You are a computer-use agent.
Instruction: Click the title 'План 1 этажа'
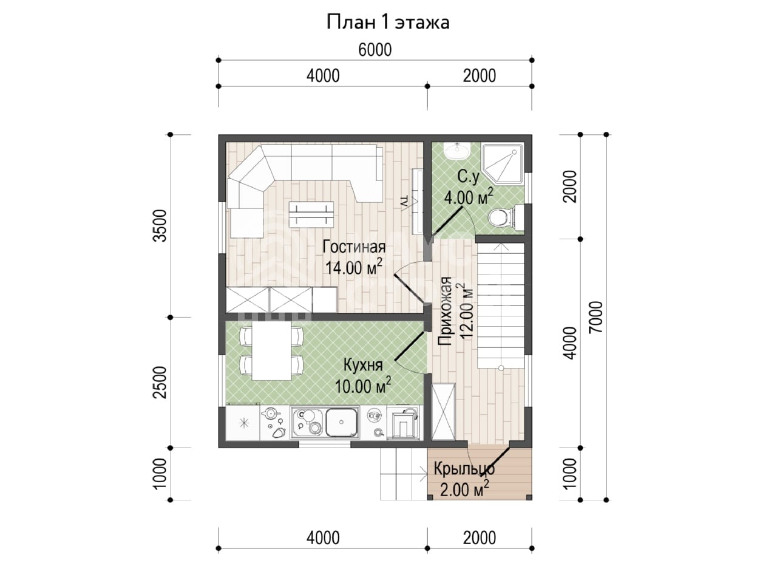click(x=388, y=22)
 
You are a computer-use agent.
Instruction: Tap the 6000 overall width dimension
click(x=375, y=50)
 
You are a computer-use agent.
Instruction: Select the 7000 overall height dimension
click(x=596, y=317)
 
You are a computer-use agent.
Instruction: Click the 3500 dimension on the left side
click(x=161, y=225)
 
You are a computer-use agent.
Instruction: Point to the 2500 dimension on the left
click(x=161, y=383)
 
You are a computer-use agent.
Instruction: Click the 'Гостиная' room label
click(x=354, y=247)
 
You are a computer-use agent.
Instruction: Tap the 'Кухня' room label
click(x=363, y=365)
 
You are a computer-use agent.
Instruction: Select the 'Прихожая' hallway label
click(x=445, y=311)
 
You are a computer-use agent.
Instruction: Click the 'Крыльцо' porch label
click(x=464, y=469)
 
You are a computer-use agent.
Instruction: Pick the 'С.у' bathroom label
click(x=468, y=176)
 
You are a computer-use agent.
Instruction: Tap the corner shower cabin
click(x=503, y=163)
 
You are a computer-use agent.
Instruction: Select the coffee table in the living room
click(x=311, y=214)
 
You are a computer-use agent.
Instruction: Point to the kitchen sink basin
click(x=341, y=422)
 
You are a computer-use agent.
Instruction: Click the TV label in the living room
click(x=405, y=203)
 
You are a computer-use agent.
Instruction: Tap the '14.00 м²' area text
click(x=354, y=267)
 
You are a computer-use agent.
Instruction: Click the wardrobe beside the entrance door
click(x=443, y=412)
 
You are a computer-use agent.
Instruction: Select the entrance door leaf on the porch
click(x=495, y=463)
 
